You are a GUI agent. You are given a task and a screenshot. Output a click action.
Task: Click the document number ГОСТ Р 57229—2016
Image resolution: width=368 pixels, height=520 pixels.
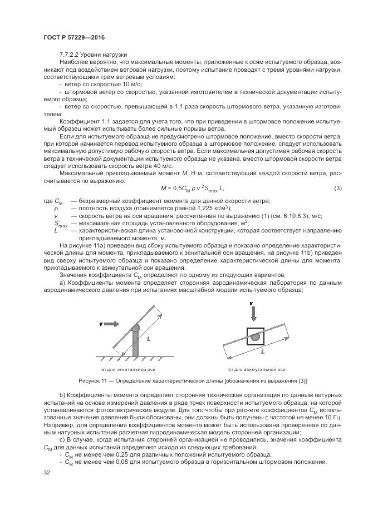[x=73, y=37]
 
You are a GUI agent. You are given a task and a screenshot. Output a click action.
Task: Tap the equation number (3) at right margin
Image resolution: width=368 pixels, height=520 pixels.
[x=337, y=189]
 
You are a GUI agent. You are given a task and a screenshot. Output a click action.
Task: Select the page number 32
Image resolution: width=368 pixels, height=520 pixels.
[x=46, y=472]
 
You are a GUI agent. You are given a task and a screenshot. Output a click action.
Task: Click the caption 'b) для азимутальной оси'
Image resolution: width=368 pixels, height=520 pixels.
[x=257, y=369]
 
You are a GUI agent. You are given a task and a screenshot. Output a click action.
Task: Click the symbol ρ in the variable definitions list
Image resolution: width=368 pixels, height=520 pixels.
[x=56, y=208]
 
